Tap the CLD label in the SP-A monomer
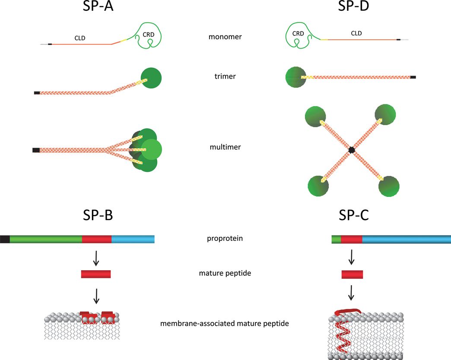click(80, 38)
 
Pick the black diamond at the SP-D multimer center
click(352, 150)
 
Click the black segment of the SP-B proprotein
click(5, 239)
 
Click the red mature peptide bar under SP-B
click(96, 274)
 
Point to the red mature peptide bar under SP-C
click(352, 274)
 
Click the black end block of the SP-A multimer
click(36, 150)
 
